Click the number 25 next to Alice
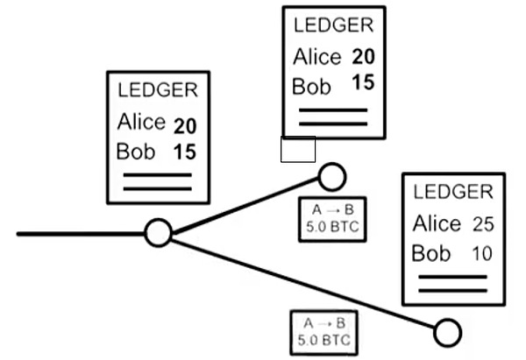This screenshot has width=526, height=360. point(482,225)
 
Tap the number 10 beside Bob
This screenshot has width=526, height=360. point(482,255)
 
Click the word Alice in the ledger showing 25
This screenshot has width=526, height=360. point(437,224)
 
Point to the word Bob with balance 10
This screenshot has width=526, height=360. point(431,254)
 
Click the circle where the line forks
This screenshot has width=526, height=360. point(157,233)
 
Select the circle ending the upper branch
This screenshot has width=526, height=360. point(331,176)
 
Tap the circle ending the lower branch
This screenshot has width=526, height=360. point(447,332)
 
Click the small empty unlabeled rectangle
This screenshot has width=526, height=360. point(297,149)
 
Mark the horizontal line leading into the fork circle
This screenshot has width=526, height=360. point(79,234)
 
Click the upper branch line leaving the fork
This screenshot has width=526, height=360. point(245,207)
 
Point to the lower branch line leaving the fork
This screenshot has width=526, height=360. point(298,280)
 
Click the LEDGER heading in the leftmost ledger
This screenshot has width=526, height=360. point(158,90)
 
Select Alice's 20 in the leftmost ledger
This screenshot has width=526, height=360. point(185,124)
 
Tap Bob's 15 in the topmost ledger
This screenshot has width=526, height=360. point(363,84)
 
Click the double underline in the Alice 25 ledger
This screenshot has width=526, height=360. point(452,283)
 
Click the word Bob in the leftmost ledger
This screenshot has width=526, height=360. point(135,151)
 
